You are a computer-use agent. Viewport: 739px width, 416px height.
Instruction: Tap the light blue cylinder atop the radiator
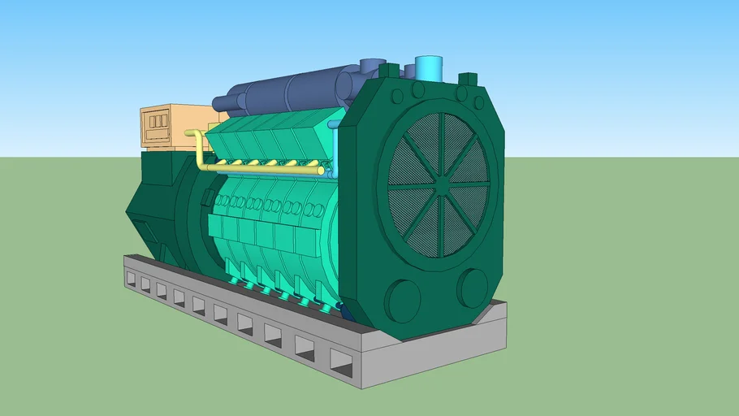pos(428,68)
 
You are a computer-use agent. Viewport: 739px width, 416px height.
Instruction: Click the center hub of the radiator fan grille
pos(440,184)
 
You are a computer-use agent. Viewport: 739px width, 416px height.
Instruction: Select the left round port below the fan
pos(404,300)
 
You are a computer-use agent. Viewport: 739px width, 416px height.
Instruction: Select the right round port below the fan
pos(472,288)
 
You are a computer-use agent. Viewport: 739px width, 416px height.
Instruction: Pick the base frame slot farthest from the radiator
pos(131,278)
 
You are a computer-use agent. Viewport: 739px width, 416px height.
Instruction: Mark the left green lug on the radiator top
pos(389,71)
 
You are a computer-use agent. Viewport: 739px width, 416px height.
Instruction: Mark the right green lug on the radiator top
pos(468,79)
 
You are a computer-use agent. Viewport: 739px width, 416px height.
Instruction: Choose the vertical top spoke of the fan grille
pos(442,134)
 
